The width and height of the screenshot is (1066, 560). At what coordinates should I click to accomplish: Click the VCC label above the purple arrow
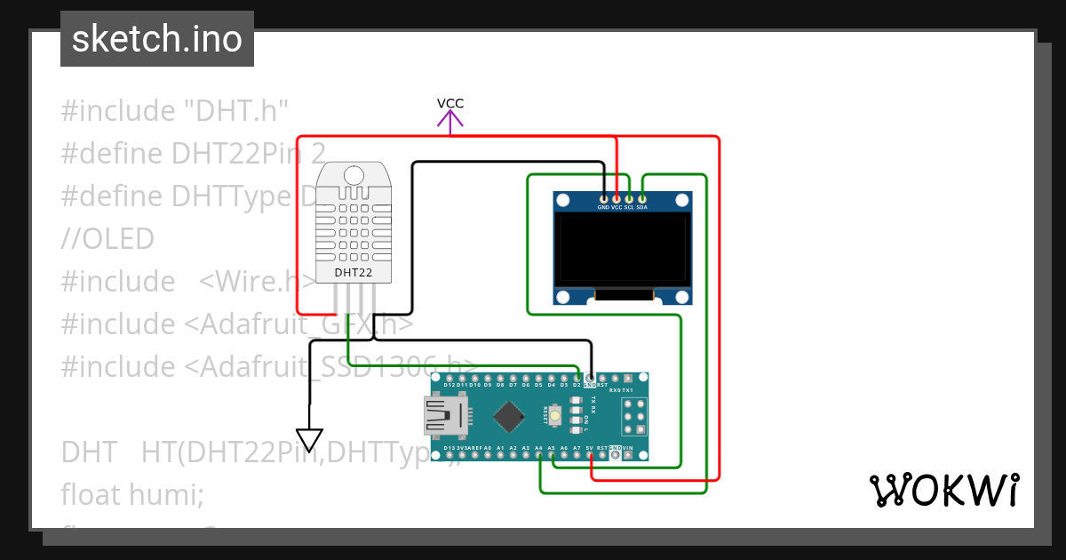[x=450, y=103]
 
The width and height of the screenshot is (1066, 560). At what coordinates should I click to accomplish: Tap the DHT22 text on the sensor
[x=352, y=272]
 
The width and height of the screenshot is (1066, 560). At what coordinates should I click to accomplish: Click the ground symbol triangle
[x=310, y=440]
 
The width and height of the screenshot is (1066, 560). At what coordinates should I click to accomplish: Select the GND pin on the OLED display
[x=604, y=198]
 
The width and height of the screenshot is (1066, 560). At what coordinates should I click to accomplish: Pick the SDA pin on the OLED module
[x=642, y=198]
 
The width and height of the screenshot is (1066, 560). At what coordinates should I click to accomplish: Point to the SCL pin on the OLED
[x=629, y=198]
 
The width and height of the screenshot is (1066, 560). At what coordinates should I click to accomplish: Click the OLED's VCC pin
[x=617, y=198]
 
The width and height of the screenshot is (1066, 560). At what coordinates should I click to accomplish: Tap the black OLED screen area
[x=622, y=251]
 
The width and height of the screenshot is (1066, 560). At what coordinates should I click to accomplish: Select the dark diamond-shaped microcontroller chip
[x=509, y=416]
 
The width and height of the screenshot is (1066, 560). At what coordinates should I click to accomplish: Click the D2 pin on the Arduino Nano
[x=577, y=378]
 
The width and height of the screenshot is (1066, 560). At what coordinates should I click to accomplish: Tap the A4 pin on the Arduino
[x=539, y=455]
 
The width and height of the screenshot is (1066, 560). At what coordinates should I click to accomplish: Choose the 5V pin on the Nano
[x=590, y=455]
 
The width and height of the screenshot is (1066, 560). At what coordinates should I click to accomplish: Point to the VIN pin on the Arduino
[x=628, y=455]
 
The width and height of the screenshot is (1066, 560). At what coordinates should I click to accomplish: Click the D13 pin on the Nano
[x=449, y=455]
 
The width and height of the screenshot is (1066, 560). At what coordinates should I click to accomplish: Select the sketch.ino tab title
[x=157, y=39]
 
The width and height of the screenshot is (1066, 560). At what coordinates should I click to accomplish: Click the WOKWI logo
[x=943, y=490]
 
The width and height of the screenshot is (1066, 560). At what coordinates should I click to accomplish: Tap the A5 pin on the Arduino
[x=552, y=455]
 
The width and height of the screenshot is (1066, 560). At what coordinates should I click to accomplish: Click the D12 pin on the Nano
[x=449, y=378]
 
